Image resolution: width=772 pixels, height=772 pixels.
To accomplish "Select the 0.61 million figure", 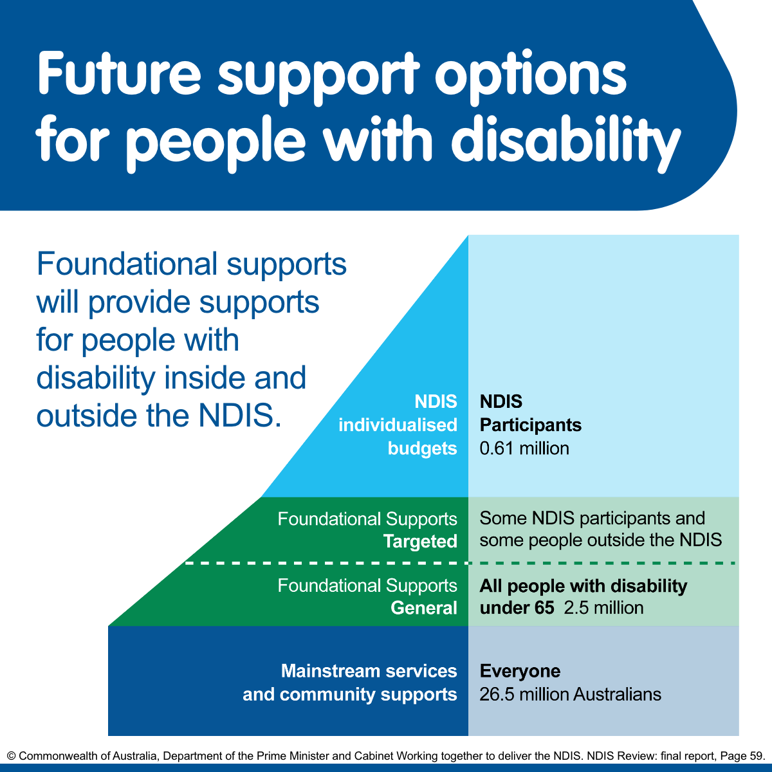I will coord(524,448).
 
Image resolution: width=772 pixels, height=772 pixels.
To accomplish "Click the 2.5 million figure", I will coord(603,608).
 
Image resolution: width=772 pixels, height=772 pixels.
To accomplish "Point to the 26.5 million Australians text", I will coord(570,695).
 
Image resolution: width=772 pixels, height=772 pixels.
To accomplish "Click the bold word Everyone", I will coord(520,672).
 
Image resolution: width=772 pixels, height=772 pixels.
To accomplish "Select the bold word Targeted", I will coord(420,542).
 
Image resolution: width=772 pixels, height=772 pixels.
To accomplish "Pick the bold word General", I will coord(424,609).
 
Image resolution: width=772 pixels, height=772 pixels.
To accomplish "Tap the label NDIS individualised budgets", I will coord(398,425).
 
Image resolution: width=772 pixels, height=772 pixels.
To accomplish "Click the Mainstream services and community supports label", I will coord(350,683).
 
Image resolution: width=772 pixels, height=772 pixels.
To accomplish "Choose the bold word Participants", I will coord(531,425).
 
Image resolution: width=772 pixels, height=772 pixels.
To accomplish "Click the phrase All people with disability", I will coord(584,586).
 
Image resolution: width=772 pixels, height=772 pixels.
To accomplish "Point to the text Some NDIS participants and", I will coord(593,519).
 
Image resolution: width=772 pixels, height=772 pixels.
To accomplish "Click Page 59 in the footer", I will coord(744,756).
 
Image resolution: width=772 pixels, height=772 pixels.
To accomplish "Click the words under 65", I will coord(517,608).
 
